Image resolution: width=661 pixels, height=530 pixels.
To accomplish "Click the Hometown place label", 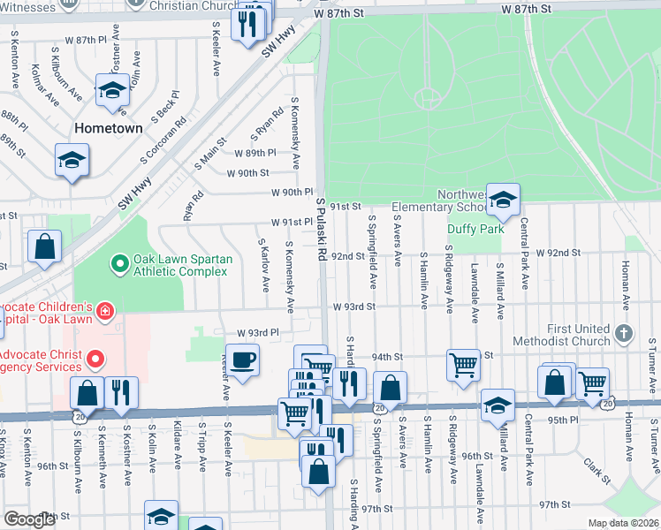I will pos(108,128).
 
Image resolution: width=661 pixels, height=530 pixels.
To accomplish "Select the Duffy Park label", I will pos(475,229).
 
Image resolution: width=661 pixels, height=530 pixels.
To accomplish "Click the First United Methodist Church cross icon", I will pos(625,334).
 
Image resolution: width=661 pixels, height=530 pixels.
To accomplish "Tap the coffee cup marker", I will pos(245,360).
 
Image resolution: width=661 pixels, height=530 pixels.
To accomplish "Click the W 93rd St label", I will pos(354,307).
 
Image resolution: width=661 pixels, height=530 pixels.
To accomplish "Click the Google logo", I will pos(30,519).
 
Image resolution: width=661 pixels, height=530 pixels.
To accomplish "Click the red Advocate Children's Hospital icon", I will pos(105,311).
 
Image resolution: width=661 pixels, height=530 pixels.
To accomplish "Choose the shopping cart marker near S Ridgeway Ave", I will pos(463,363).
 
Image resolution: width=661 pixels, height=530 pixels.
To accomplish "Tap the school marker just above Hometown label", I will pos(112,91).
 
